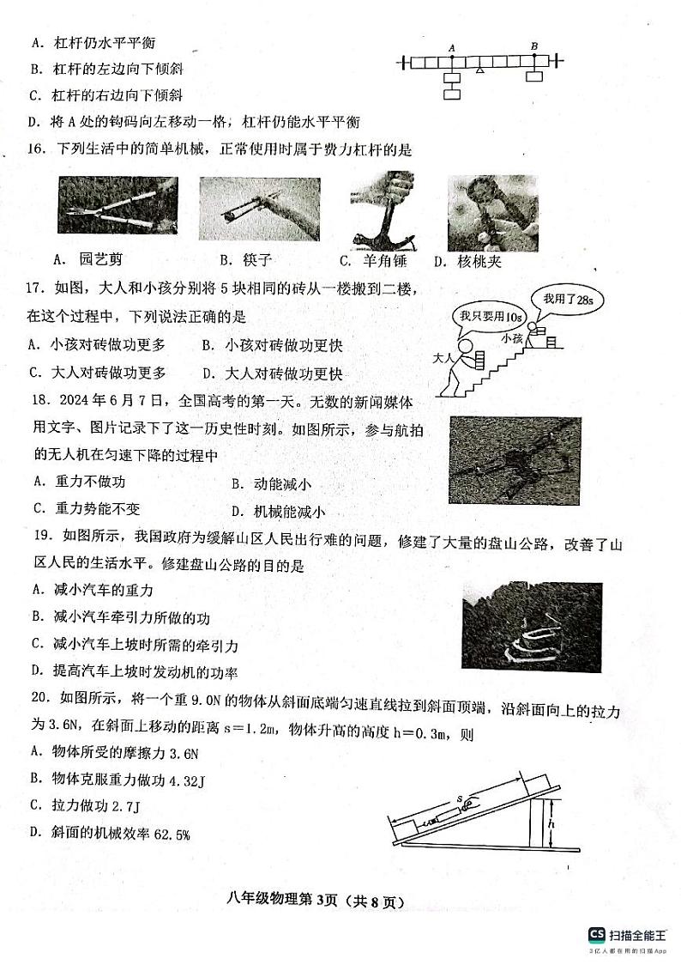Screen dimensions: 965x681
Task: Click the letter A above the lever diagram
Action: coord(451,47)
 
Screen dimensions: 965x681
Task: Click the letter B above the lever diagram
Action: coord(534,46)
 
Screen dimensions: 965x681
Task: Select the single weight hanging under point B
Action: coord(534,77)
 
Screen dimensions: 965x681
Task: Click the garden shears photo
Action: coord(118,204)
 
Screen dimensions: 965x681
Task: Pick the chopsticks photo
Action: coord(259,209)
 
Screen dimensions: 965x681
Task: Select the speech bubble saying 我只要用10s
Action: coord(479,316)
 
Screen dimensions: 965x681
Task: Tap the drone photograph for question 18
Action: coord(515,460)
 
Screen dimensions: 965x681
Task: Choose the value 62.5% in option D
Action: coord(172,833)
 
